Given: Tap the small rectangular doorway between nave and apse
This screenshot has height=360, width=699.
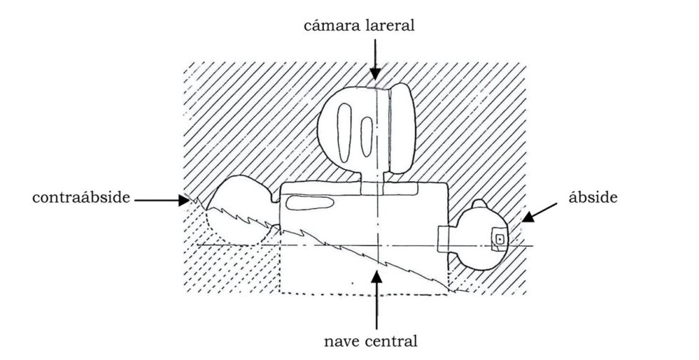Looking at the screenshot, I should click(444, 240).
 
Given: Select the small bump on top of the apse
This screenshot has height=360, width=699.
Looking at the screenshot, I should click(477, 205).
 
